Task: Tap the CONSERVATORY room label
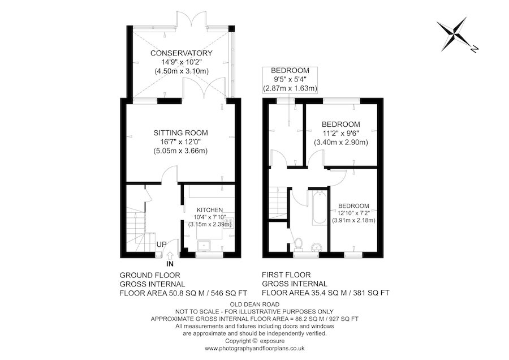click(x=181, y=53)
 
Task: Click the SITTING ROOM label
click(x=181, y=132)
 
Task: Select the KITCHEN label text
click(x=209, y=209)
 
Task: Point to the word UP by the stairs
click(x=161, y=245)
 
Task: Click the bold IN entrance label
click(x=170, y=264)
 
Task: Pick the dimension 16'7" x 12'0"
click(x=181, y=142)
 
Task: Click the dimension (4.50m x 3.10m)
click(x=181, y=71)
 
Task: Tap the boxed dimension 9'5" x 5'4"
click(x=290, y=80)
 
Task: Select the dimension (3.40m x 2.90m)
click(x=340, y=142)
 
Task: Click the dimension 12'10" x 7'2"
click(x=353, y=213)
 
